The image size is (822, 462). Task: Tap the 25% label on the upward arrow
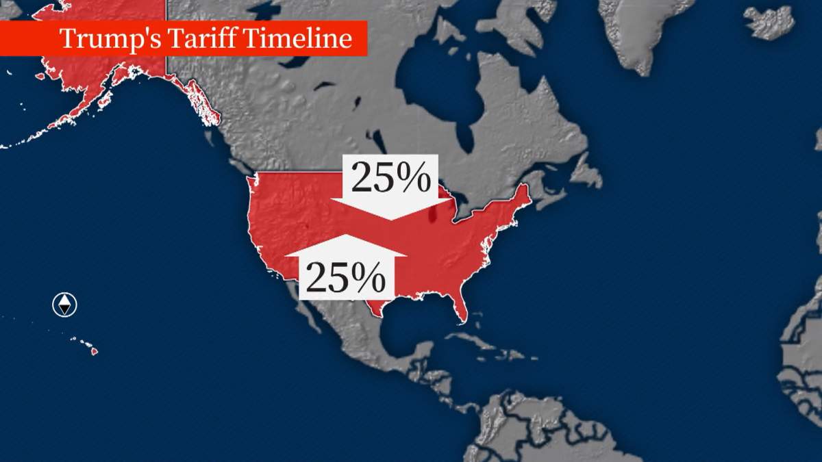click(345, 277)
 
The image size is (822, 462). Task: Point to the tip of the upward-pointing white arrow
click(346, 236)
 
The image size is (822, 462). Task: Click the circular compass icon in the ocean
click(64, 305)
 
